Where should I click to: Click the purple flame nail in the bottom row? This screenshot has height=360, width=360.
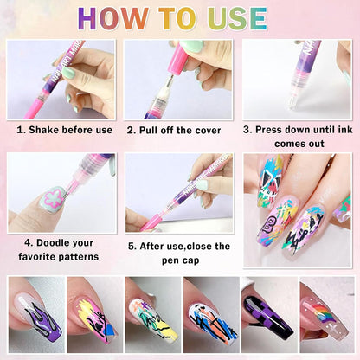(34, 321)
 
